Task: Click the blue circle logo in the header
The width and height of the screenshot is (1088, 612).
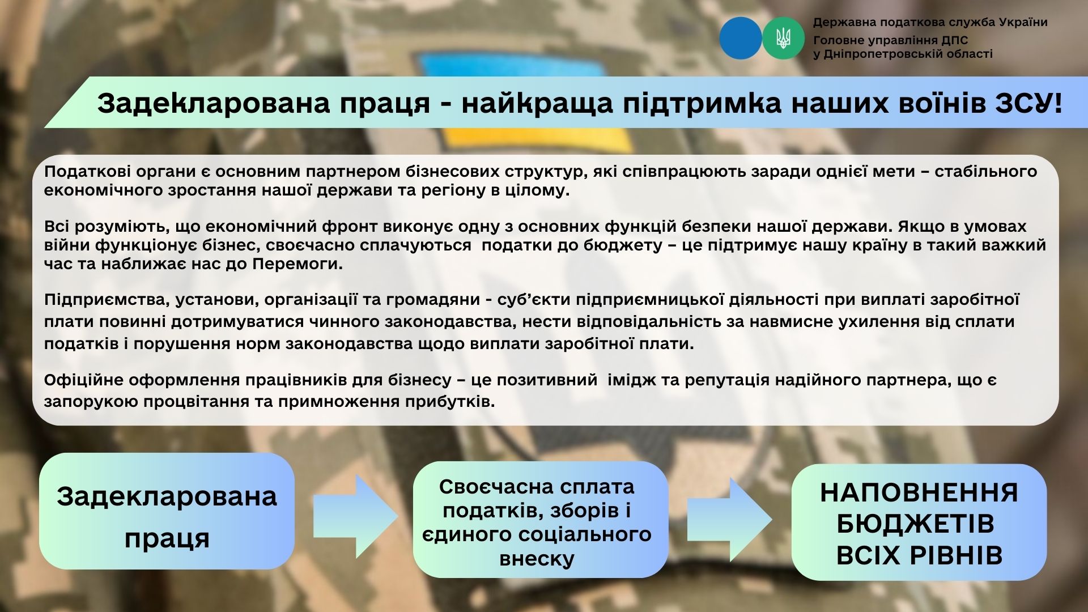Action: pos(741,39)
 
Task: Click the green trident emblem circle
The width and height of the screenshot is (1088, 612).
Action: pos(784,39)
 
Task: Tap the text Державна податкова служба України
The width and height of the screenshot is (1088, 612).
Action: pos(930,23)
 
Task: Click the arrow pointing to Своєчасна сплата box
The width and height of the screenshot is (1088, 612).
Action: pos(356,516)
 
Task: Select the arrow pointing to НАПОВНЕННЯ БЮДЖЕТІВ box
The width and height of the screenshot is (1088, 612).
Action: pos(730,519)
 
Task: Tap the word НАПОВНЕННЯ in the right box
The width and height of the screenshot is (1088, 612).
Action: pos(919,493)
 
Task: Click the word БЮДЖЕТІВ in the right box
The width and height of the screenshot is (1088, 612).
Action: pos(915,524)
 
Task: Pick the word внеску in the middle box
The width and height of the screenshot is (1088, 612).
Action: pos(537,559)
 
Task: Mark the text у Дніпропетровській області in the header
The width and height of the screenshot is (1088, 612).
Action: pos(903,54)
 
